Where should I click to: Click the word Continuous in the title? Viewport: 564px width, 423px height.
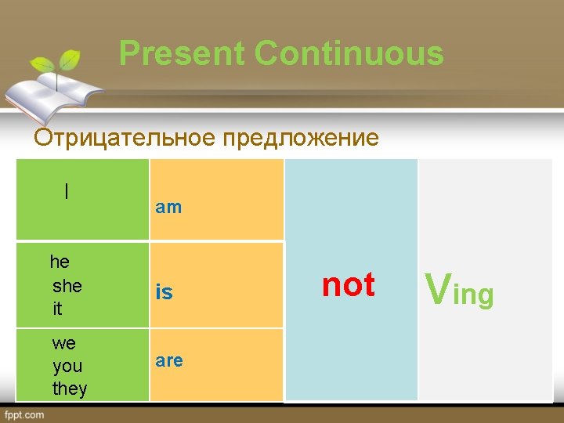[349, 54]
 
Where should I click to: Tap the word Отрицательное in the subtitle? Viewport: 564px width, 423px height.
[126, 139]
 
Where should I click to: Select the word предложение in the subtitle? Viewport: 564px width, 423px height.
[301, 139]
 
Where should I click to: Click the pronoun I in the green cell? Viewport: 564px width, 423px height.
[67, 191]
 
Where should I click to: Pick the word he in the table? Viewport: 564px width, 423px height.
[60, 262]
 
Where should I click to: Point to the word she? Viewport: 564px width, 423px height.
[67, 286]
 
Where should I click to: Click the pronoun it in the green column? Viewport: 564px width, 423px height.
[57, 309]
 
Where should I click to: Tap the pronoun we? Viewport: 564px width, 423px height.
[63, 343]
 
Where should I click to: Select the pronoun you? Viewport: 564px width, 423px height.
[67, 366]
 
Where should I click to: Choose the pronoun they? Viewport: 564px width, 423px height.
[70, 389]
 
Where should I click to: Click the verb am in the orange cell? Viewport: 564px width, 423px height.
[168, 208]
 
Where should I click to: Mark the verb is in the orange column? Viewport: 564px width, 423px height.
[164, 292]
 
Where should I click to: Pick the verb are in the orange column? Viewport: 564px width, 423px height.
[169, 361]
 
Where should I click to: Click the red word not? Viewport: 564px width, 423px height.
[349, 285]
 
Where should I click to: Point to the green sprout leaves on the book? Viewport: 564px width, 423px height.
[63, 62]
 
